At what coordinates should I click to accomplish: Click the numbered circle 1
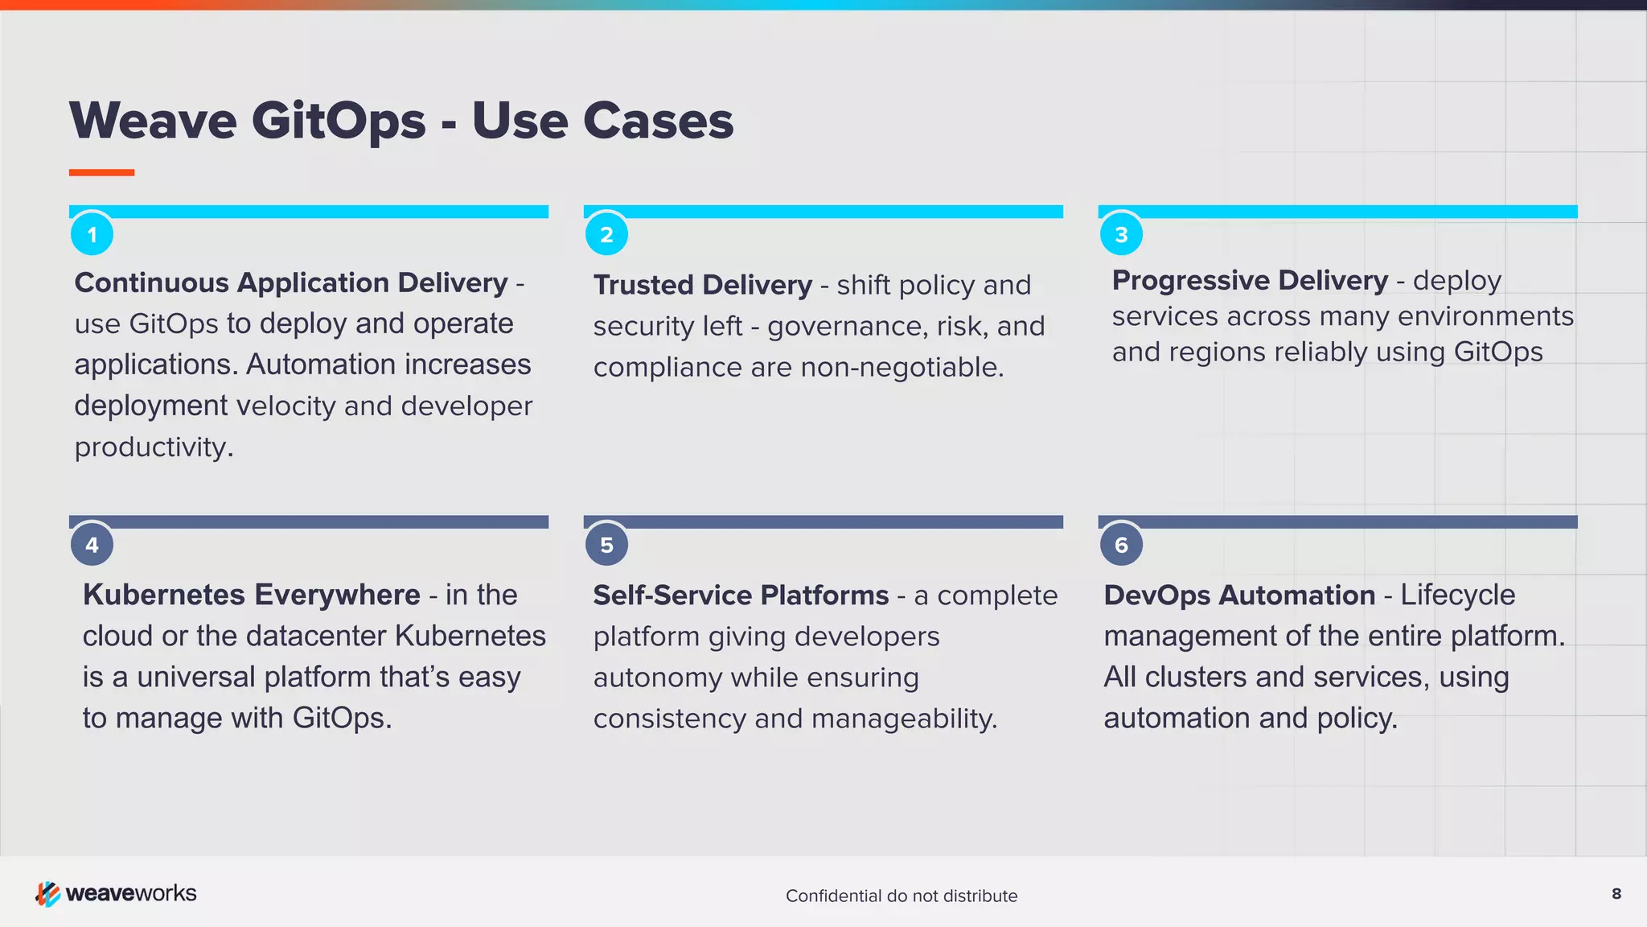click(92, 234)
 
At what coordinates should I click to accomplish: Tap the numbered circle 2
click(606, 234)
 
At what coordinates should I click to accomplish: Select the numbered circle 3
click(1121, 234)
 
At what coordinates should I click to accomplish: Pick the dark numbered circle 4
click(92, 545)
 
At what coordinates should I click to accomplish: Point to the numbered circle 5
click(606, 545)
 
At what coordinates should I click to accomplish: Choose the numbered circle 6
click(1121, 545)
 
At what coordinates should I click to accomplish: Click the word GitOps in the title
click(338, 122)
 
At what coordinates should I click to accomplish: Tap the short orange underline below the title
click(101, 172)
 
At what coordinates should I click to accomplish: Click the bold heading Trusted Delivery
click(702, 285)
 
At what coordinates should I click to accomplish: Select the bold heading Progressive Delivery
click(1249, 280)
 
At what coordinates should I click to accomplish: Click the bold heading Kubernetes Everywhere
click(251, 595)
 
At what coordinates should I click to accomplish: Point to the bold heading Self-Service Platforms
click(741, 595)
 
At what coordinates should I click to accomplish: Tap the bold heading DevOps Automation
click(1238, 595)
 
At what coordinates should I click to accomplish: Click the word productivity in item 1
click(153, 447)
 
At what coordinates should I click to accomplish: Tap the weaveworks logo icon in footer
click(47, 893)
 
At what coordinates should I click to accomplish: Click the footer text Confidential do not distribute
click(901, 896)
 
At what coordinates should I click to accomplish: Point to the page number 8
click(1616, 893)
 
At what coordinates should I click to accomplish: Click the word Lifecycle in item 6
click(1457, 595)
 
